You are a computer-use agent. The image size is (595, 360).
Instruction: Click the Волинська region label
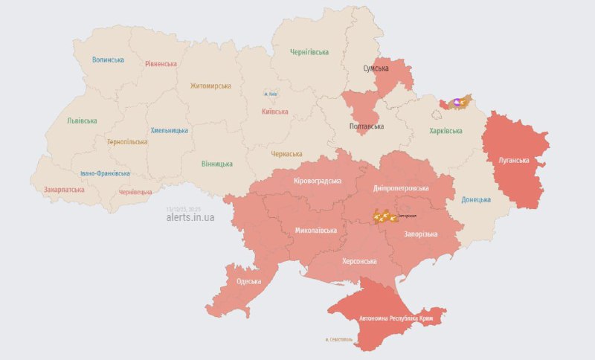[x=108, y=60]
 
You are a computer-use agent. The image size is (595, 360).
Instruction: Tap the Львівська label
[x=82, y=120]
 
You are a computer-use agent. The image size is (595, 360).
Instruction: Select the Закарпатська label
[x=64, y=190]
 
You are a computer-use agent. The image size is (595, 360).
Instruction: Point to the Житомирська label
[x=210, y=86]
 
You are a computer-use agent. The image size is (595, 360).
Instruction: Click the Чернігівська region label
[x=309, y=52]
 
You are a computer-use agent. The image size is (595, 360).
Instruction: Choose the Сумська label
[x=376, y=68]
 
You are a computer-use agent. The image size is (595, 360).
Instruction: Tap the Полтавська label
[x=367, y=126]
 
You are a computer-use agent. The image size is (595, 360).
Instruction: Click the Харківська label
[x=446, y=131]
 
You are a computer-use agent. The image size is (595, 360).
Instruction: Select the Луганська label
[x=514, y=160]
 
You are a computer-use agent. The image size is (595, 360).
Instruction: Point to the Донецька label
[x=476, y=199]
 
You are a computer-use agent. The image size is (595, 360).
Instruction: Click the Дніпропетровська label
[x=402, y=168]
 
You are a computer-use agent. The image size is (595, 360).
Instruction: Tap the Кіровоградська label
[x=318, y=181]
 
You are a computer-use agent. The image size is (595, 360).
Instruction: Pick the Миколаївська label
[x=315, y=230]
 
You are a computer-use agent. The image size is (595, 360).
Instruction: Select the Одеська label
[x=249, y=281]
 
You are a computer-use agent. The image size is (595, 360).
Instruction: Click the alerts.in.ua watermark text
[x=190, y=217]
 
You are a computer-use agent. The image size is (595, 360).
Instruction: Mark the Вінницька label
[x=217, y=164]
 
